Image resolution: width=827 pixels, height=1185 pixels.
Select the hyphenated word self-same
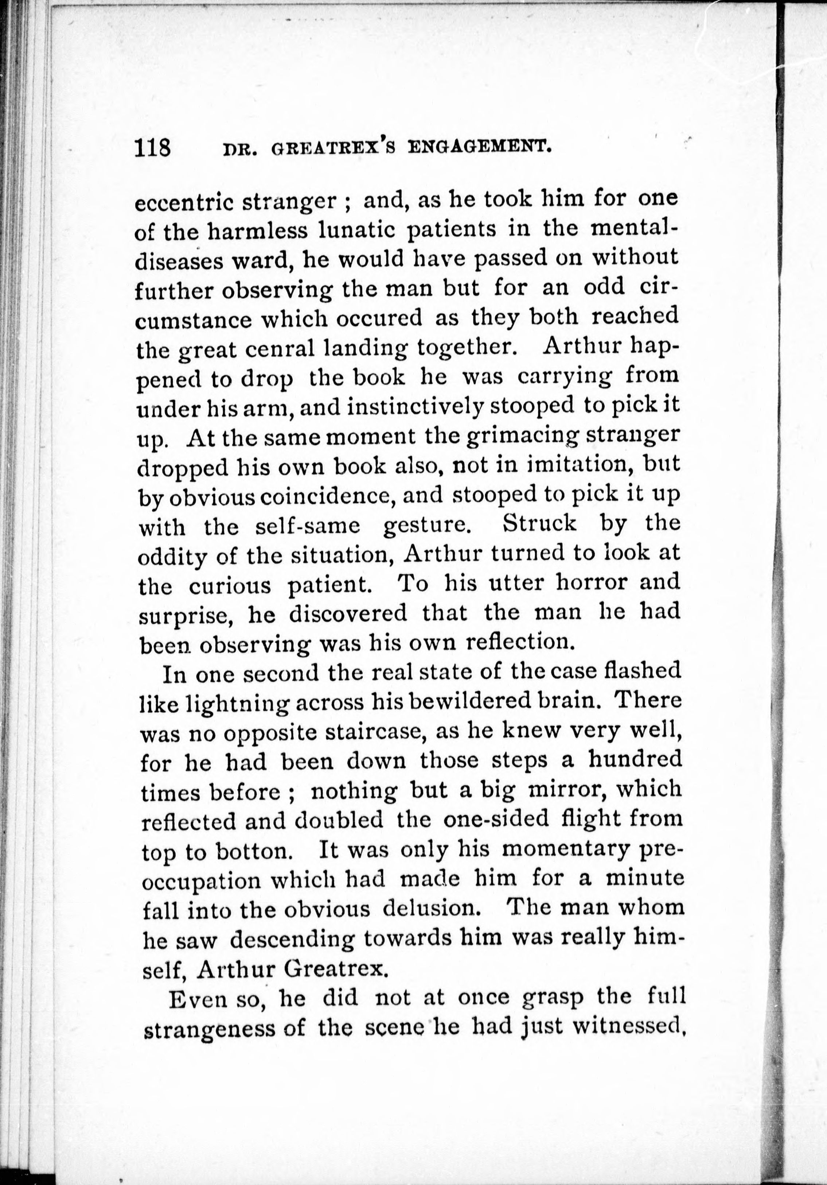pyautogui.click(x=308, y=526)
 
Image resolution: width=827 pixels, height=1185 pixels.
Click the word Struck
pyautogui.click(x=540, y=524)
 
